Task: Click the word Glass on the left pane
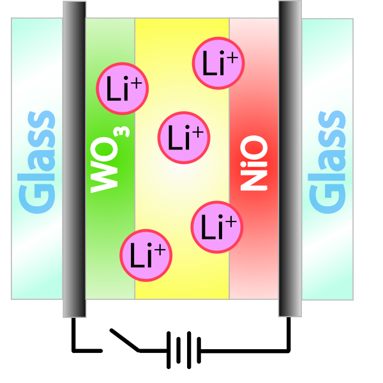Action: click(x=36, y=162)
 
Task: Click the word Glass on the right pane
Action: click(x=327, y=162)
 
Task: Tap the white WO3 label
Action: click(x=109, y=160)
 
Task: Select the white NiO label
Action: click(x=254, y=163)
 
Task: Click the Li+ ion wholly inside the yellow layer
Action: click(x=184, y=137)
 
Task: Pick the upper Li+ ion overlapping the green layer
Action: click(x=122, y=89)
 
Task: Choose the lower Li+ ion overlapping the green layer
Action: click(x=146, y=255)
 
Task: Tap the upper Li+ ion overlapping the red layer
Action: click(x=218, y=63)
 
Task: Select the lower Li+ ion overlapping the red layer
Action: click(x=217, y=227)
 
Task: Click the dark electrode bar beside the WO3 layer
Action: click(x=75, y=159)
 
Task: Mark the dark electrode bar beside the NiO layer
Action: click(x=290, y=159)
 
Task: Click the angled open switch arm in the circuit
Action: click(x=125, y=340)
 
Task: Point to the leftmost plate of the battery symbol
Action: click(x=169, y=350)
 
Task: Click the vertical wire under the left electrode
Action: click(x=73, y=334)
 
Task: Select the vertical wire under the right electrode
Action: click(x=289, y=334)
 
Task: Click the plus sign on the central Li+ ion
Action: click(x=198, y=133)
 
